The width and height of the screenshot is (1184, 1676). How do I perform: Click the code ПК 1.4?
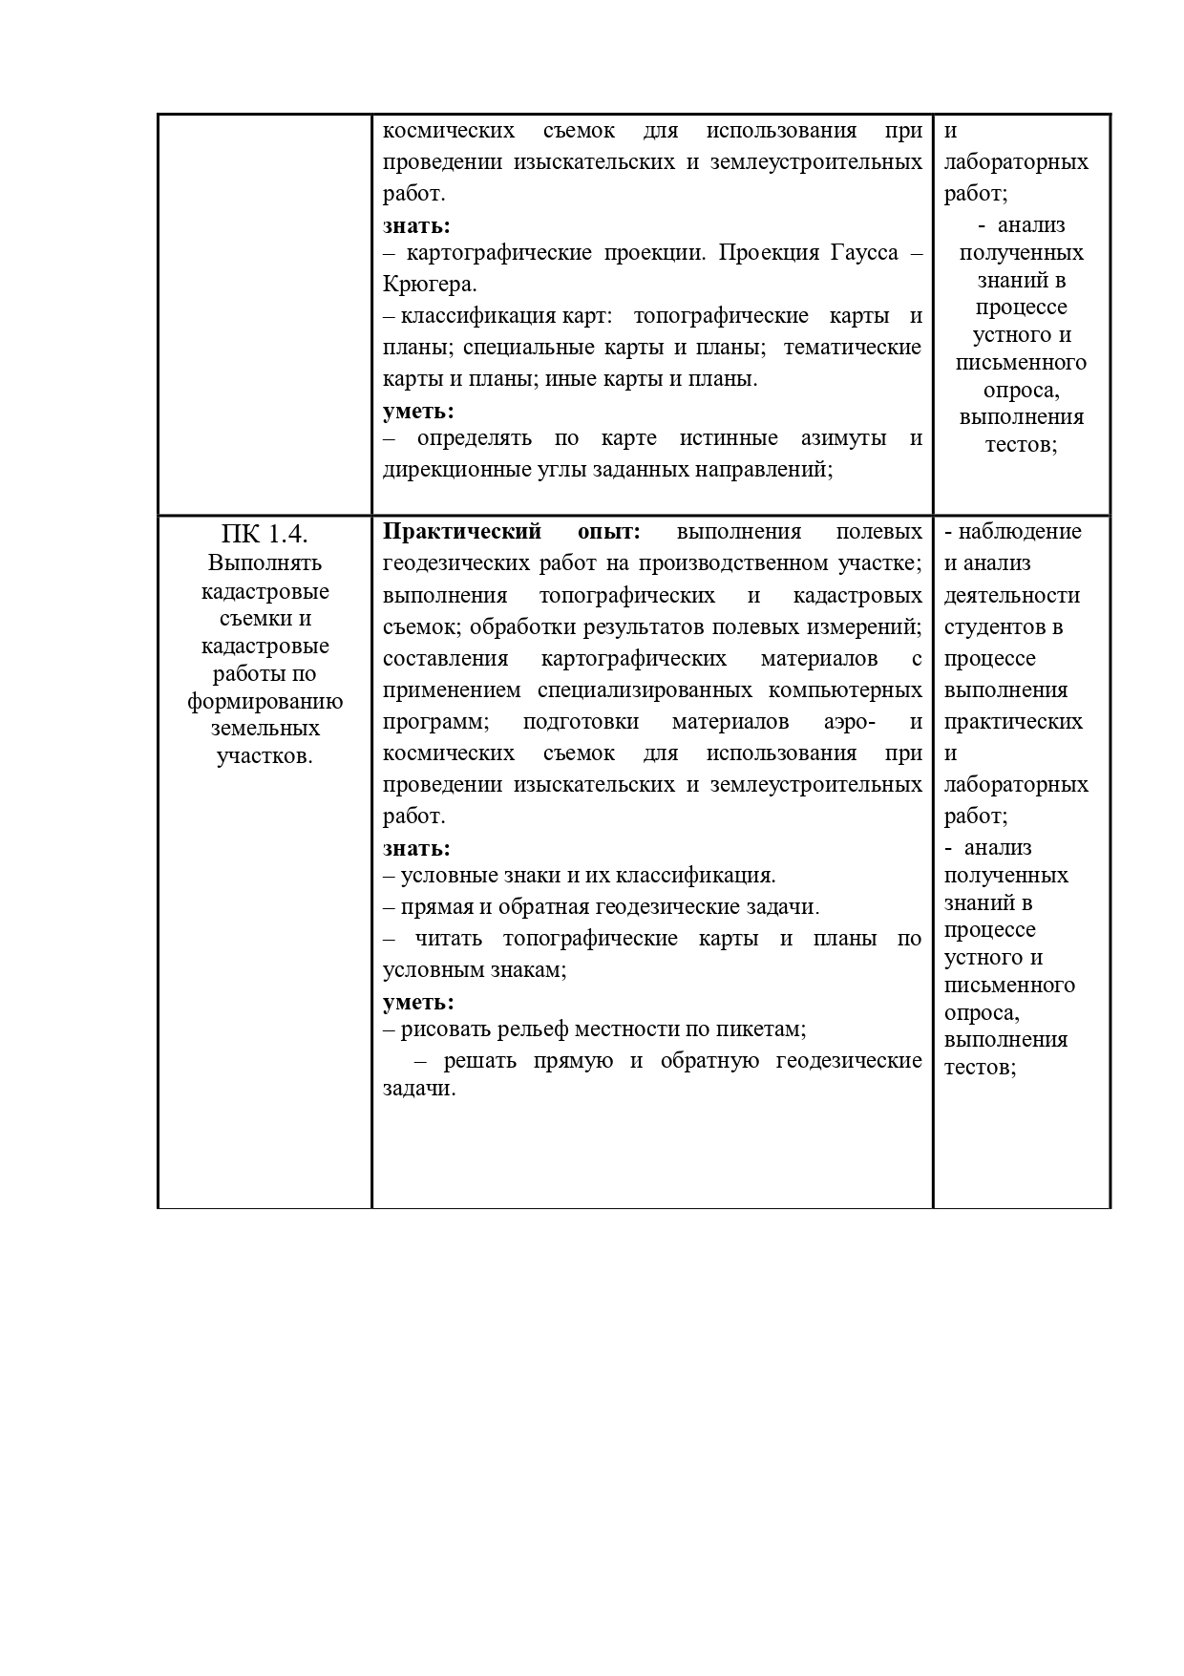tap(264, 533)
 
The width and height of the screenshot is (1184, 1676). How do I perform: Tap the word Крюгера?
tap(429, 285)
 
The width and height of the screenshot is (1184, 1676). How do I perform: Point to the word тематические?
tap(853, 347)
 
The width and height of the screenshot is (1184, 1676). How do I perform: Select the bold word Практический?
tap(462, 531)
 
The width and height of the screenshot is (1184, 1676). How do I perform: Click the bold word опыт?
tap(608, 531)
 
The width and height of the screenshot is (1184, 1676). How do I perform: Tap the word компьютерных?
tap(849, 689)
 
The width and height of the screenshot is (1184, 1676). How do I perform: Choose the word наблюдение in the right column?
tap(1019, 532)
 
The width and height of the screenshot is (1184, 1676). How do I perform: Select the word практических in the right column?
tap(1013, 721)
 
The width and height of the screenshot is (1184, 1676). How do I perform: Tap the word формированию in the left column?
tap(264, 702)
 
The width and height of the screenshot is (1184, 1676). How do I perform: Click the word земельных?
tap(264, 729)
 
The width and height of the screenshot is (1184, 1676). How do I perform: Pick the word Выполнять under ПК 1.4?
tap(264, 562)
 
